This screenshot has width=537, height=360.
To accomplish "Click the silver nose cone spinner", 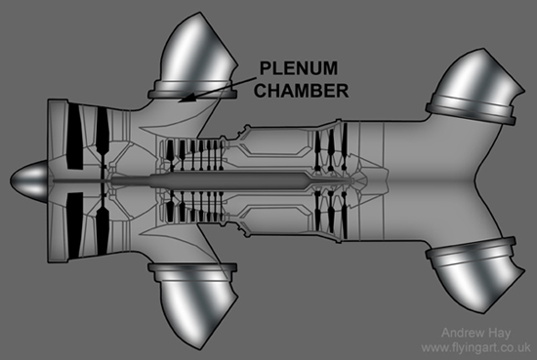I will pyautogui.click(x=30, y=180).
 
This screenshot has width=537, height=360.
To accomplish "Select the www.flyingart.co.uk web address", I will pyautogui.click(x=475, y=346).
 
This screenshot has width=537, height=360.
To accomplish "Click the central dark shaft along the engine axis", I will pyautogui.click(x=244, y=180).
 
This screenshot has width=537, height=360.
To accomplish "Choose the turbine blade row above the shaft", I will pyautogui.click(x=337, y=151).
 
